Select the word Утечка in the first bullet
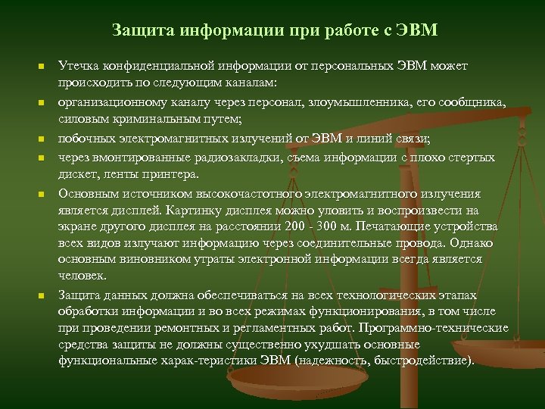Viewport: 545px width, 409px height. (77, 66)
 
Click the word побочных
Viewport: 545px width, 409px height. (84, 139)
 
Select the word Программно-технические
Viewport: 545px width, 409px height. (434, 328)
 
